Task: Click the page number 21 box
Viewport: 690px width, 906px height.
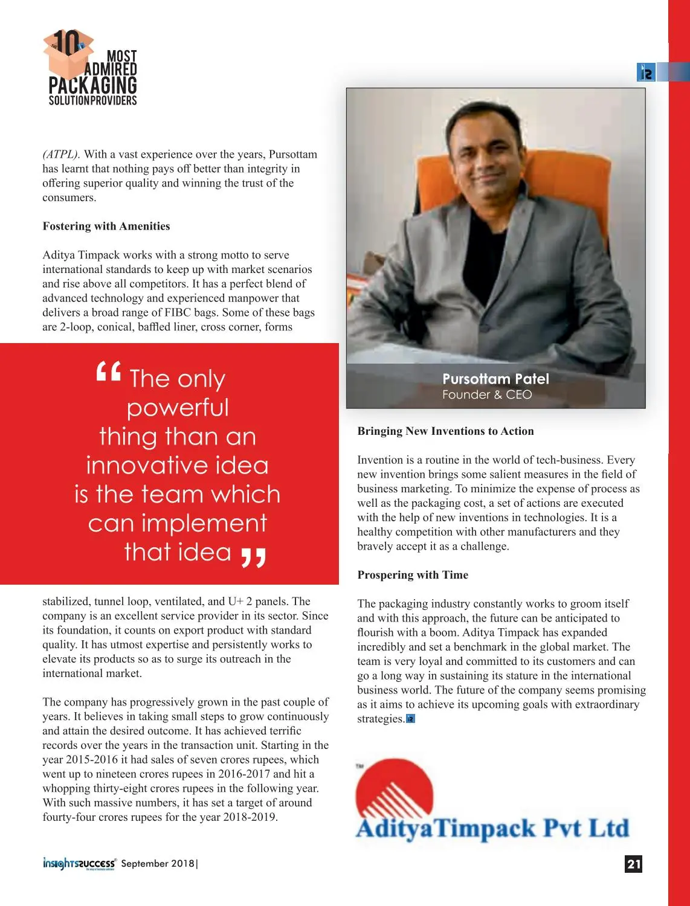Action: coord(633,864)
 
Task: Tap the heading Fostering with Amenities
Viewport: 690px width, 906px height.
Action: coord(106,226)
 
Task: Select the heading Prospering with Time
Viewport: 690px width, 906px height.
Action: coord(413,575)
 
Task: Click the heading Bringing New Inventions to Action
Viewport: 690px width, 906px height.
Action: coord(445,431)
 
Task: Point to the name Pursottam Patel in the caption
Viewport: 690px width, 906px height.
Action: coord(495,379)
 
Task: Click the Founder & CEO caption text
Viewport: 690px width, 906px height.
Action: coord(487,395)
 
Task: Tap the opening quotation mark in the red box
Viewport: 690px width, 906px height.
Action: coord(109,372)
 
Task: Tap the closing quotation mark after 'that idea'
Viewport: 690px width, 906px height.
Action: coord(253,557)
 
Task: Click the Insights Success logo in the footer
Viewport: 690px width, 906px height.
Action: coord(79,864)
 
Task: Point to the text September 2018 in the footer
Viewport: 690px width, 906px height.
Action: coord(158,864)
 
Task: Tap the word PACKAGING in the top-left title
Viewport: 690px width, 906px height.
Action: coord(92,85)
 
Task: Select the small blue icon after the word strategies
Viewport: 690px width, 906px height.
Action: coord(411,719)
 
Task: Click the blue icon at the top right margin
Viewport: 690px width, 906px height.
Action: coord(646,72)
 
